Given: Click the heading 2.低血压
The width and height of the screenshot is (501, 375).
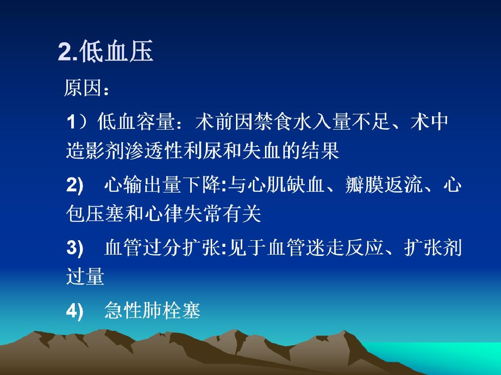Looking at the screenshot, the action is pyautogui.click(x=105, y=51).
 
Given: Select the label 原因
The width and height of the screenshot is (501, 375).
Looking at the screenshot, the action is pyautogui.click(x=83, y=88).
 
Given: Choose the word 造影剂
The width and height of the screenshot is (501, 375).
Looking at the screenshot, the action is pyautogui.click(x=95, y=150).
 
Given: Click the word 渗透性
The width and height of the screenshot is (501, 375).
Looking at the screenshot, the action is pyautogui.click(x=153, y=150).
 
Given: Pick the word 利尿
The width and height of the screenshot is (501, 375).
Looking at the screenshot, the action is pyautogui.click(x=202, y=150).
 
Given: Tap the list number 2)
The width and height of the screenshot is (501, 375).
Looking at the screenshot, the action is pyautogui.click(x=75, y=185).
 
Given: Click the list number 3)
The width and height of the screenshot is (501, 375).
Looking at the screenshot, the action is pyautogui.click(x=75, y=248).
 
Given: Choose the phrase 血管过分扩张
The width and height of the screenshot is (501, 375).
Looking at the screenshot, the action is pyautogui.click(x=163, y=247).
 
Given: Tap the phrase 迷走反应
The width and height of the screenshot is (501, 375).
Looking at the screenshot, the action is pyautogui.click(x=344, y=247).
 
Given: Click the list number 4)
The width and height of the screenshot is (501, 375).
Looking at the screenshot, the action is pyautogui.click(x=75, y=311).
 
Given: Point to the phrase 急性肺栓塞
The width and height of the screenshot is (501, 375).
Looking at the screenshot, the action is pyautogui.click(x=153, y=310).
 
